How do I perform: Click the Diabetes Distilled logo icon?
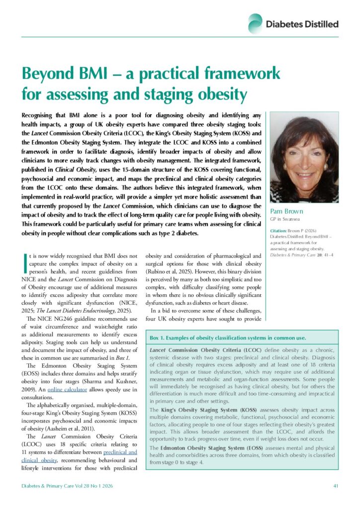[x=256, y=23]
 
